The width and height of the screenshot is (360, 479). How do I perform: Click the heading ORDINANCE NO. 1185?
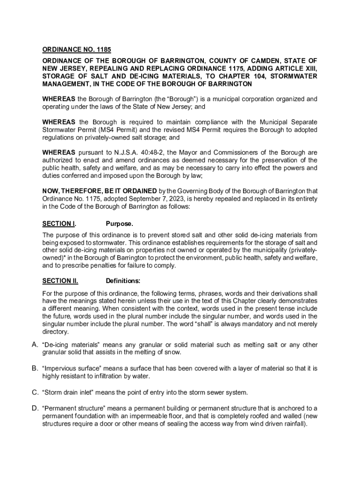point(77,50)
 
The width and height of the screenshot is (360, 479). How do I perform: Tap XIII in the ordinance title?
point(310,68)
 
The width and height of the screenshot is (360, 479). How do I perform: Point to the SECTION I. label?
point(59,224)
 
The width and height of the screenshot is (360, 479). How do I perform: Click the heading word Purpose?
point(119,224)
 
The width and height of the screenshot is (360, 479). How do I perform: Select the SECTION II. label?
point(60,281)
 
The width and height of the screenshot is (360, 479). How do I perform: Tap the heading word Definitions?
point(123,281)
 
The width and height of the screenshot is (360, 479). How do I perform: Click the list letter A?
point(35,345)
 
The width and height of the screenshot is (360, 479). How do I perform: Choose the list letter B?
point(35,368)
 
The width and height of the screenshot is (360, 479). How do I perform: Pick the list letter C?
point(35,392)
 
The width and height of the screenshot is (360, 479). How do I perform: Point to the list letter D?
point(35,408)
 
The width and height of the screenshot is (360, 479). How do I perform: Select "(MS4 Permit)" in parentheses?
point(94,130)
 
